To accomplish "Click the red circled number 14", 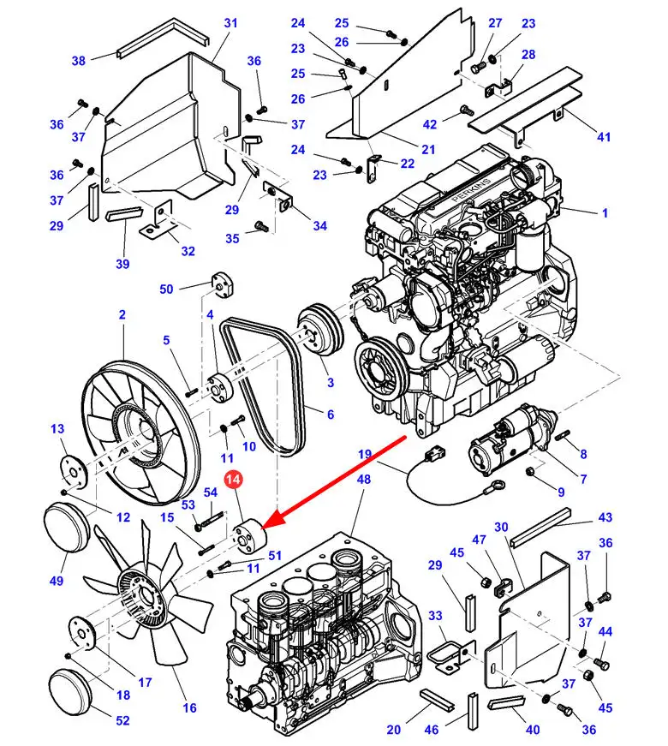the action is pyautogui.click(x=234, y=480).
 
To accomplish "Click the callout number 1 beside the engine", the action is pyautogui.click(x=605, y=212).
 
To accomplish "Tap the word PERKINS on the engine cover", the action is pyautogui.click(x=472, y=190).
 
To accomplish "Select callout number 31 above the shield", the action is pyautogui.click(x=230, y=23).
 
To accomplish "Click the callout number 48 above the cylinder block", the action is pyautogui.click(x=363, y=479).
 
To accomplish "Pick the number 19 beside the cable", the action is pyautogui.click(x=365, y=454).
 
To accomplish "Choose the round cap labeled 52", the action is pyautogui.click(x=69, y=692).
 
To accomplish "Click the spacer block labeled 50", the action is pyautogui.click(x=221, y=284).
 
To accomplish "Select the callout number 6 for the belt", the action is pyautogui.click(x=331, y=415).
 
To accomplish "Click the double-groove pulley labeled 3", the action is pyautogui.click(x=320, y=329).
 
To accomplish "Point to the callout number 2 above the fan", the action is pyautogui.click(x=122, y=314).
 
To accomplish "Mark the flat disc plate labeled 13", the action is pyautogui.click(x=74, y=473).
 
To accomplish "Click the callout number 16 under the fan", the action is pyautogui.click(x=189, y=708).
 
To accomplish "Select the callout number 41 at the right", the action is pyautogui.click(x=604, y=137).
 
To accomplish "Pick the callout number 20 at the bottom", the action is pyautogui.click(x=393, y=730).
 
